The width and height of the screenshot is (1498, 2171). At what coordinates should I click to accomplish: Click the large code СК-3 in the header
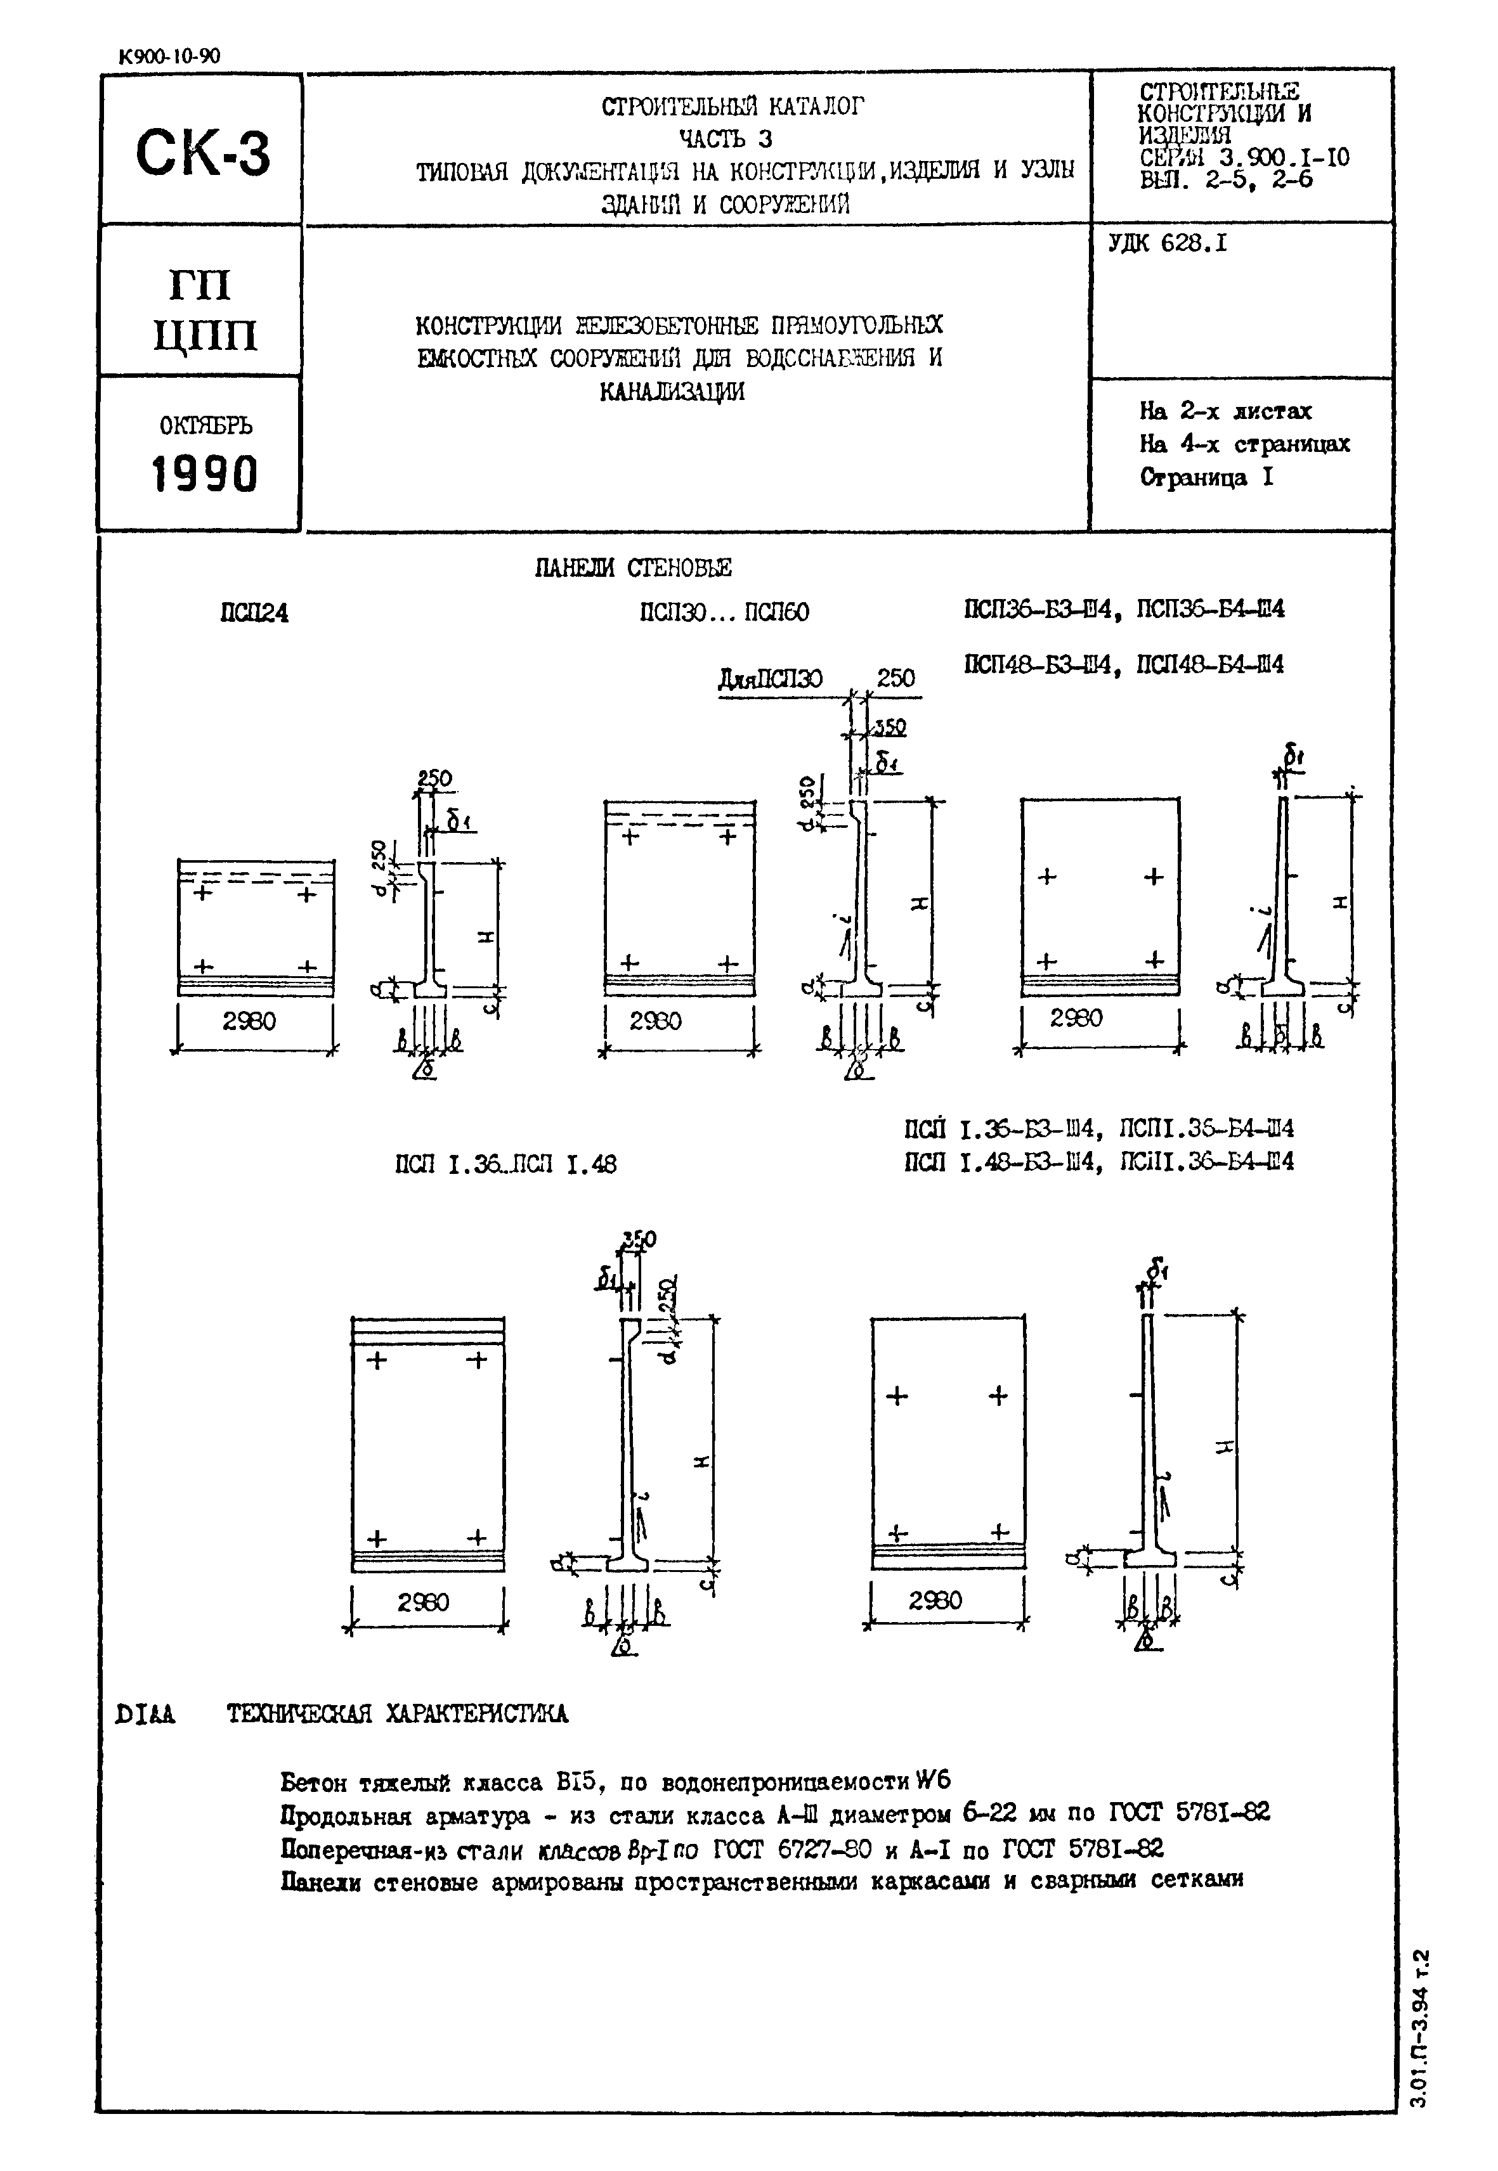[x=203, y=152]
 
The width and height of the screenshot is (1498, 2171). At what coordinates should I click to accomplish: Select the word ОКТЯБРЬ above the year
[x=205, y=426]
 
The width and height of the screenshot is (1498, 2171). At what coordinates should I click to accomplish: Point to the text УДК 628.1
[x=1168, y=244]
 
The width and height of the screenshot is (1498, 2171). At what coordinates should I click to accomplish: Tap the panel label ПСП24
[x=254, y=614]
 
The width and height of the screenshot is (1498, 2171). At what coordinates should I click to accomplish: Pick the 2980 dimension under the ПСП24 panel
[x=250, y=1021]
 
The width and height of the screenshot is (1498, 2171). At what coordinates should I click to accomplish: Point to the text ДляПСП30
[x=770, y=678]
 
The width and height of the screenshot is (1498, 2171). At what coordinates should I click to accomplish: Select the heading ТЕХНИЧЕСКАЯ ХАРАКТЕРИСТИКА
[x=397, y=1714]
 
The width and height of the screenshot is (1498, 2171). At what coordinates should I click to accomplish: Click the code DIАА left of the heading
[x=145, y=1714]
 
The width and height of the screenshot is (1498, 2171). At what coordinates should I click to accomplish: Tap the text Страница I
[x=1207, y=477]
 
